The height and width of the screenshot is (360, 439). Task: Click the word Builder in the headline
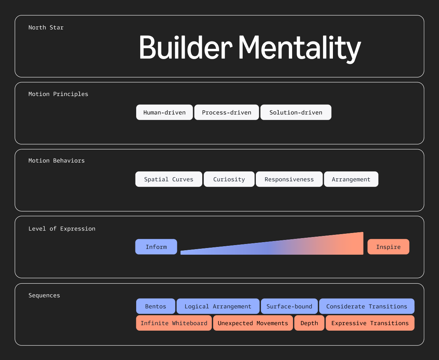(x=185, y=48)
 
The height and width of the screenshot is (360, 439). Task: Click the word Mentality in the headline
(x=300, y=48)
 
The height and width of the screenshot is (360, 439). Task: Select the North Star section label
(x=46, y=28)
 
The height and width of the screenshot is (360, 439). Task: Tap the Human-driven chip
(x=164, y=112)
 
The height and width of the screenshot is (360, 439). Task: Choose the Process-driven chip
(x=226, y=112)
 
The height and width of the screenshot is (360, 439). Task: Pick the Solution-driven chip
(x=296, y=112)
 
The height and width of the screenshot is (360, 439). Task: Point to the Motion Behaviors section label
(x=57, y=160)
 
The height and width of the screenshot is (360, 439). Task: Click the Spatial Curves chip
(x=168, y=179)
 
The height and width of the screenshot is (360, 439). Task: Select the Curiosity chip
(x=229, y=179)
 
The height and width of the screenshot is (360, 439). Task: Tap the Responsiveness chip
(x=289, y=179)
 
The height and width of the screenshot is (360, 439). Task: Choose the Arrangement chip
(x=351, y=179)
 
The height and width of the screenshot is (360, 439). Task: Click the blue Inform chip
(x=156, y=247)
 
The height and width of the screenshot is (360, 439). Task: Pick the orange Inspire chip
(x=388, y=247)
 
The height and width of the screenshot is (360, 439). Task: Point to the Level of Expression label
(x=62, y=229)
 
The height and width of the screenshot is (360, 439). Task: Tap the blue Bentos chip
(x=156, y=306)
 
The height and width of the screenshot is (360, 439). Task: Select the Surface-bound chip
(x=289, y=306)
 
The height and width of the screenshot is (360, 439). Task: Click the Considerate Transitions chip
(x=367, y=306)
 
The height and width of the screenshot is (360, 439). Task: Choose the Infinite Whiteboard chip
(x=174, y=323)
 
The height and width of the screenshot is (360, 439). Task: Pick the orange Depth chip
(x=309, y=323)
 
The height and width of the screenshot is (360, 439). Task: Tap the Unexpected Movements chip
(x=253, y=323)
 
